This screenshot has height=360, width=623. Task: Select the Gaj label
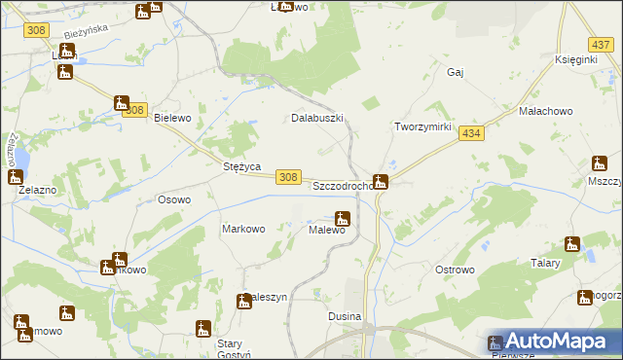[x=454, y=72]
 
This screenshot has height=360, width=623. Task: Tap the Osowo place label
[x=174, y=199]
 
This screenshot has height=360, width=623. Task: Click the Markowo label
[x=243, y=230]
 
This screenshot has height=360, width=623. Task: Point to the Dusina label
[x=346, y=317]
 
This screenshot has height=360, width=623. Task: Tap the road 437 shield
[x=600, y=45]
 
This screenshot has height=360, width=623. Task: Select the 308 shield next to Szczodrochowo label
[x=287, y=176]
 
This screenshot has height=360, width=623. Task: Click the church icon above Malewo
[x=342, y=219]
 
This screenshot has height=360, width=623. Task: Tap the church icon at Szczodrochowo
[x=381, y=181]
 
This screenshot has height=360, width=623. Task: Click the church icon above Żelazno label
[x=16, y=177]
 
